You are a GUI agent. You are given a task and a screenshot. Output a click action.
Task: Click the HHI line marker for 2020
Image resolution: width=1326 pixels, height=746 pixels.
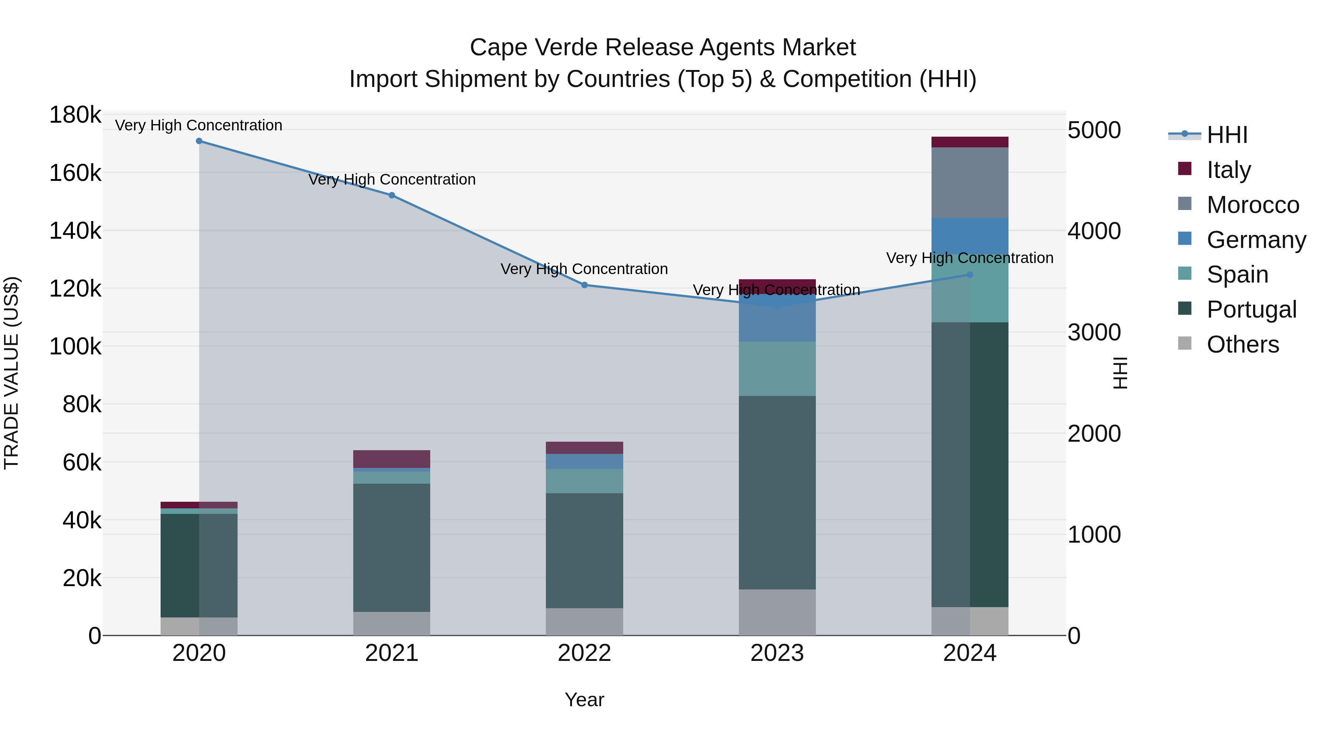coord(199,141)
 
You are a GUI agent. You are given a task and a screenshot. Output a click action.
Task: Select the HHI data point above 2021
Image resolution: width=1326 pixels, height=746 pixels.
coord(392,196)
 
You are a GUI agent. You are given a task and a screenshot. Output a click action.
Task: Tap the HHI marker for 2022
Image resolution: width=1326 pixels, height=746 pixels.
coord(584,285)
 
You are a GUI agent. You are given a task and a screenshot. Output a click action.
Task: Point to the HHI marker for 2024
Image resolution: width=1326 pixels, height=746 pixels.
coord(970,275)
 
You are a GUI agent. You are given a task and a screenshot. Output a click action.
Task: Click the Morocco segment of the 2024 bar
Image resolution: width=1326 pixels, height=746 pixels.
coord(970,183)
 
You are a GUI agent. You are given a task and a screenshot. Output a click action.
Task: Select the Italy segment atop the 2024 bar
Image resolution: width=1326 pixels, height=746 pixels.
coord(970,142)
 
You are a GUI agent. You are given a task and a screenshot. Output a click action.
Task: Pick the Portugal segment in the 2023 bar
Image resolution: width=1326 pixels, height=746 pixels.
coord(777,493)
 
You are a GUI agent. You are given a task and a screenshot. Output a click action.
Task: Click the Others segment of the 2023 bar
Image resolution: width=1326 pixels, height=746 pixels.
coord(777,612)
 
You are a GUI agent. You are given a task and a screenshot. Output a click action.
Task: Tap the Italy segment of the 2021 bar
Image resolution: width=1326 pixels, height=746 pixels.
coord(392,459)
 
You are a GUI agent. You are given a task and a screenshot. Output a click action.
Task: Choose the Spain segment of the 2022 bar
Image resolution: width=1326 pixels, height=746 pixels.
coord(584,481)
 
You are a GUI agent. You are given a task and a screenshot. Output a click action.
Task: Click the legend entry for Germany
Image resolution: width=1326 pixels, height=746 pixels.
coord(1256,240)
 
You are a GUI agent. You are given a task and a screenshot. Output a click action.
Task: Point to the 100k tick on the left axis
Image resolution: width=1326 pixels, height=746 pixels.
coord(75,347)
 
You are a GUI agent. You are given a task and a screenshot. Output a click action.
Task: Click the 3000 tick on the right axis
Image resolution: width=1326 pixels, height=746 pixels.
coord(1094,333)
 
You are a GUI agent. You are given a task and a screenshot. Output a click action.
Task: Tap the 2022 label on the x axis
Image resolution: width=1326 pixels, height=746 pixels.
coord(584,653)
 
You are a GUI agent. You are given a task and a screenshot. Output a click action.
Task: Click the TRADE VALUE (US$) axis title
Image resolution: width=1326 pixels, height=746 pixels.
coord(11,373)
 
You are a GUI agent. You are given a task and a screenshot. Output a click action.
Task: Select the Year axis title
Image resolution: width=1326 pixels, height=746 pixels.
coord(584,700)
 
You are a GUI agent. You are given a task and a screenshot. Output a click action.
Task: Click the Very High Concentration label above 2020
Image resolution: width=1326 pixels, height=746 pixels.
coord(199,125)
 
